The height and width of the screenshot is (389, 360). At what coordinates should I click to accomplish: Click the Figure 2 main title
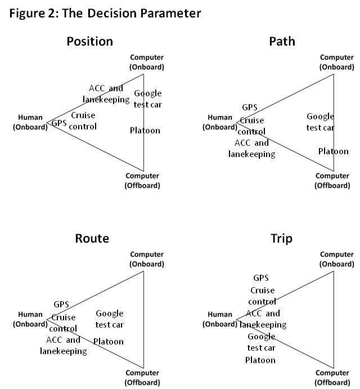coord(105,14)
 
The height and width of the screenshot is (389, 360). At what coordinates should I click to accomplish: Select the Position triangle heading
coord(89,41)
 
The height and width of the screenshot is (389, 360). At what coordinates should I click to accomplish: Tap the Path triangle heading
coord(282,41)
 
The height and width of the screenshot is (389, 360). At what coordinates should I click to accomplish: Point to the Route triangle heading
coord(92,238)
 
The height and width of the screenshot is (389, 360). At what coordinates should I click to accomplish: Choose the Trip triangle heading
coord(281,239)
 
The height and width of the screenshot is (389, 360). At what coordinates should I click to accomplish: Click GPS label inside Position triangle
coord(59,123)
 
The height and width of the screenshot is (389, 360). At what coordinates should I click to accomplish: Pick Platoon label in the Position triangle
coord(145,131)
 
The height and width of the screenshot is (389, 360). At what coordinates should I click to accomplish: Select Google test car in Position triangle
coord(147,99)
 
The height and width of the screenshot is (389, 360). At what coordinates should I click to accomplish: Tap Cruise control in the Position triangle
coord(83,120)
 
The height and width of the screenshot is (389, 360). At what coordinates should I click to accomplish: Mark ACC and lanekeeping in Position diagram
coord(106,93)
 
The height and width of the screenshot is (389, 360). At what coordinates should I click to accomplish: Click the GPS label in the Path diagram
coord(250,107)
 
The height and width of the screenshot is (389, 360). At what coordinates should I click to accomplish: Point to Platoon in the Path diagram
coord(333,151)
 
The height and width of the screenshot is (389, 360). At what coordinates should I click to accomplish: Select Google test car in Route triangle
coord(109,319)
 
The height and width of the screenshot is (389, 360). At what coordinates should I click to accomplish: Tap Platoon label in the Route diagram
coord(108,342)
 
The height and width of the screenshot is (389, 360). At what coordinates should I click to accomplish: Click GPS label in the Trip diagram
coord(261,278)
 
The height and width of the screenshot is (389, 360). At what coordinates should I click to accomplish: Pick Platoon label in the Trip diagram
coord(260,360)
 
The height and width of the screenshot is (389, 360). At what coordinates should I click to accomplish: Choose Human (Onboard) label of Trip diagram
coord(219,319)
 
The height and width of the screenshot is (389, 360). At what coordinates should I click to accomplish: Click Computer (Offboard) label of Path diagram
coord(332,180)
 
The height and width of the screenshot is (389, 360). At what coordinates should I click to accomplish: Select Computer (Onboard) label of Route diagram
coord(147,259)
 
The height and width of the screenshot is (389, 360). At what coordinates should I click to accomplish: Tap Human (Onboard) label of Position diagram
coord(30,123)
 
